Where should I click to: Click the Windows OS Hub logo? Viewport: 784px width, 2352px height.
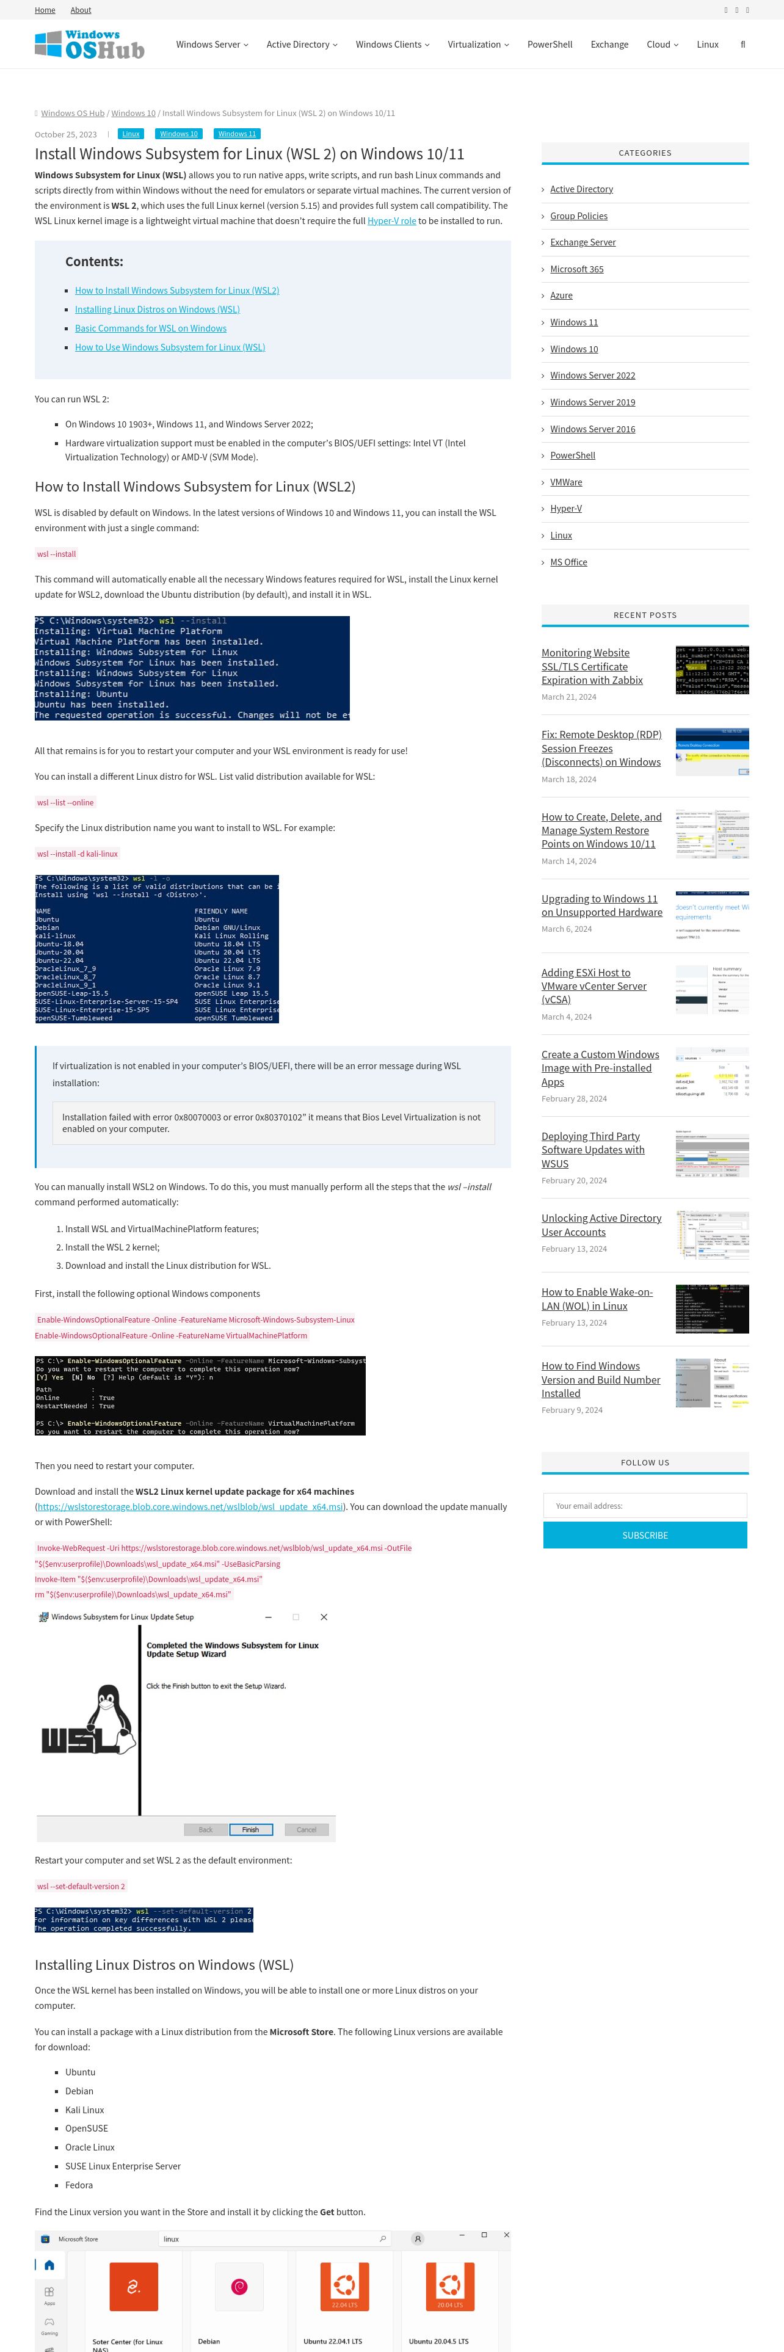[89, 45]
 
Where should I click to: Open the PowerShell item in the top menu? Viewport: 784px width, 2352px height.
[550, 45]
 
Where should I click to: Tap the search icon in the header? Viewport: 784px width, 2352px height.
[743, 45]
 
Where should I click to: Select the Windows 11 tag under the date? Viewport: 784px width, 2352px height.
[238, 134]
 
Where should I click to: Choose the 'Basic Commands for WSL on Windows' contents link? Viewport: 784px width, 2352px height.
[151, 328]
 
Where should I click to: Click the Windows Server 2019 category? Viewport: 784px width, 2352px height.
[592, 402]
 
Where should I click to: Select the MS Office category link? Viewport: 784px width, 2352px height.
[568, 562]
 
